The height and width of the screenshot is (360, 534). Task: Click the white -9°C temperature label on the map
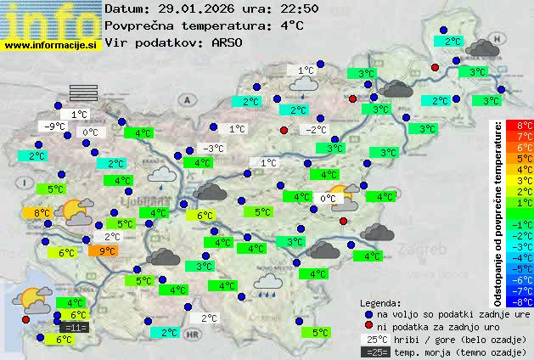pyautogui.click(x=55, y=127)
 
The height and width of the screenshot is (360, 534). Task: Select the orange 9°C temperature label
pyautogui.click(x=107, y=250)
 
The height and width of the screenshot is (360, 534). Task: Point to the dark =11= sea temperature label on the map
pyautogui.click(x=74, y=327)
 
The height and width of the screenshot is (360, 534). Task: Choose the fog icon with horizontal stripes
pyautogui.click(x=83, y=93)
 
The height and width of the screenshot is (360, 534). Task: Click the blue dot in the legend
pyautogui.click(x=368, y=313)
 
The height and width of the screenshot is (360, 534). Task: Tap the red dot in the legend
pyautogui.click(x=368, y=326)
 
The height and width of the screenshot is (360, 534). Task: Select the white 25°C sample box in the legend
pyautogui.click(x=374, y=339)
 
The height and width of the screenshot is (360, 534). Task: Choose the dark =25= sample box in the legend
pyautogui.click(x=374, y=352)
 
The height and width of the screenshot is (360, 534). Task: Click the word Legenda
pyautogui.click(x=381, y=302)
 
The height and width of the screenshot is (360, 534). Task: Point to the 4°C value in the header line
pyautogui.click(x=291, y=25)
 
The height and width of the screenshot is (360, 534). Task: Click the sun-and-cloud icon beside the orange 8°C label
pyautogui.click(x=77, y=211)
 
